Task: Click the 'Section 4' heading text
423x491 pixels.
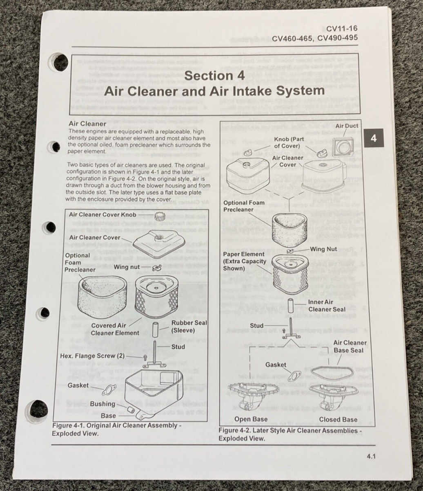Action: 214,75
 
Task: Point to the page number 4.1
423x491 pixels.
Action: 371,457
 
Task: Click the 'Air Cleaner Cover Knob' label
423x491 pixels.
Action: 102,214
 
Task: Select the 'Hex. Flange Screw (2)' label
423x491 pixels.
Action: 92,356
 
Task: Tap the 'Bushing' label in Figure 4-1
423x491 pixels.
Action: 102,404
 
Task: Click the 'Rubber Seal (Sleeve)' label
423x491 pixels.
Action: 189,326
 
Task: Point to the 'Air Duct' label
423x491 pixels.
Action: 346,126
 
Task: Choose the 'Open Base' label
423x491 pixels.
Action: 251,419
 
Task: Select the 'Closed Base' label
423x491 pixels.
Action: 338,419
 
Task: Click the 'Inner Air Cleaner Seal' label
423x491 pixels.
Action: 327,306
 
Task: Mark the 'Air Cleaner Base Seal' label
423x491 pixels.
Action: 350,346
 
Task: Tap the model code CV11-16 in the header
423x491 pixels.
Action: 342,29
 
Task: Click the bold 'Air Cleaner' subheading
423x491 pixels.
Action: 87,123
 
